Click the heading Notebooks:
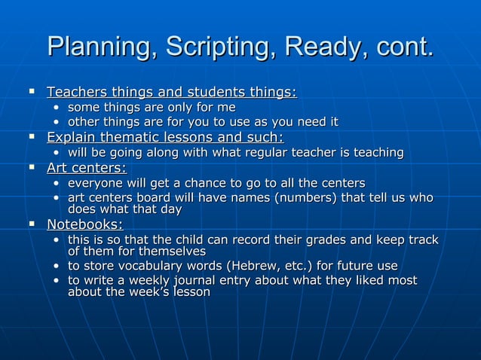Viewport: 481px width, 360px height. (85, 224)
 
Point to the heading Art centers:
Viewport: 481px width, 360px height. (87, 167)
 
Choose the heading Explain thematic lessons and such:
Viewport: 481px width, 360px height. (165, 137)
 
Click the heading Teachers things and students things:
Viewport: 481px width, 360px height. (172, 93)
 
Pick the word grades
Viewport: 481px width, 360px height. (326, 240)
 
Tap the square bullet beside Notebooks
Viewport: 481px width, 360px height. (32, 224)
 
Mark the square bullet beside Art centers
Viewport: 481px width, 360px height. (32, 167)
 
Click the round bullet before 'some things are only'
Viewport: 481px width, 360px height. (57, 108)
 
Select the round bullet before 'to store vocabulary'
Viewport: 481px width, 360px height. (57, 266)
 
